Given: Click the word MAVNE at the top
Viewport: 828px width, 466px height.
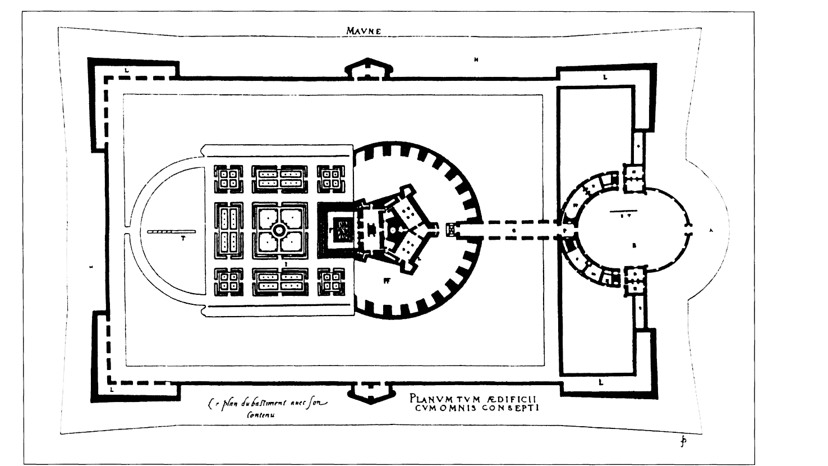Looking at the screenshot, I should click(364, 31).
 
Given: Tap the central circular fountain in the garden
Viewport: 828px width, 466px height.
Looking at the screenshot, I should click(279, 230).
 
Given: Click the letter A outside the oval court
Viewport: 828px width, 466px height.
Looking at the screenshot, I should click(711, 230).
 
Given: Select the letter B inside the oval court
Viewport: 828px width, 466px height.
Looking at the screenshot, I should click(634, 245).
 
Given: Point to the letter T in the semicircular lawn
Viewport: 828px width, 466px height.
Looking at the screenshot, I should click(183, 238).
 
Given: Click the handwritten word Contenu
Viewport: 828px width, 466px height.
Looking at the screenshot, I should click(261, 416).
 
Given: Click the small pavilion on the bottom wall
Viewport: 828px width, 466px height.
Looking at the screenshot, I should click(369, 391).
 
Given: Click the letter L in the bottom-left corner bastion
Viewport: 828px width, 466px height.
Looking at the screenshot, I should click(113, 388).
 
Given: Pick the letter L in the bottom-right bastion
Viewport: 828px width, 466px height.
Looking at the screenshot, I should click(601, 382).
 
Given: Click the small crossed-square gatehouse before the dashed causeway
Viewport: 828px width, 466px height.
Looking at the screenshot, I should click(450, 229).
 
